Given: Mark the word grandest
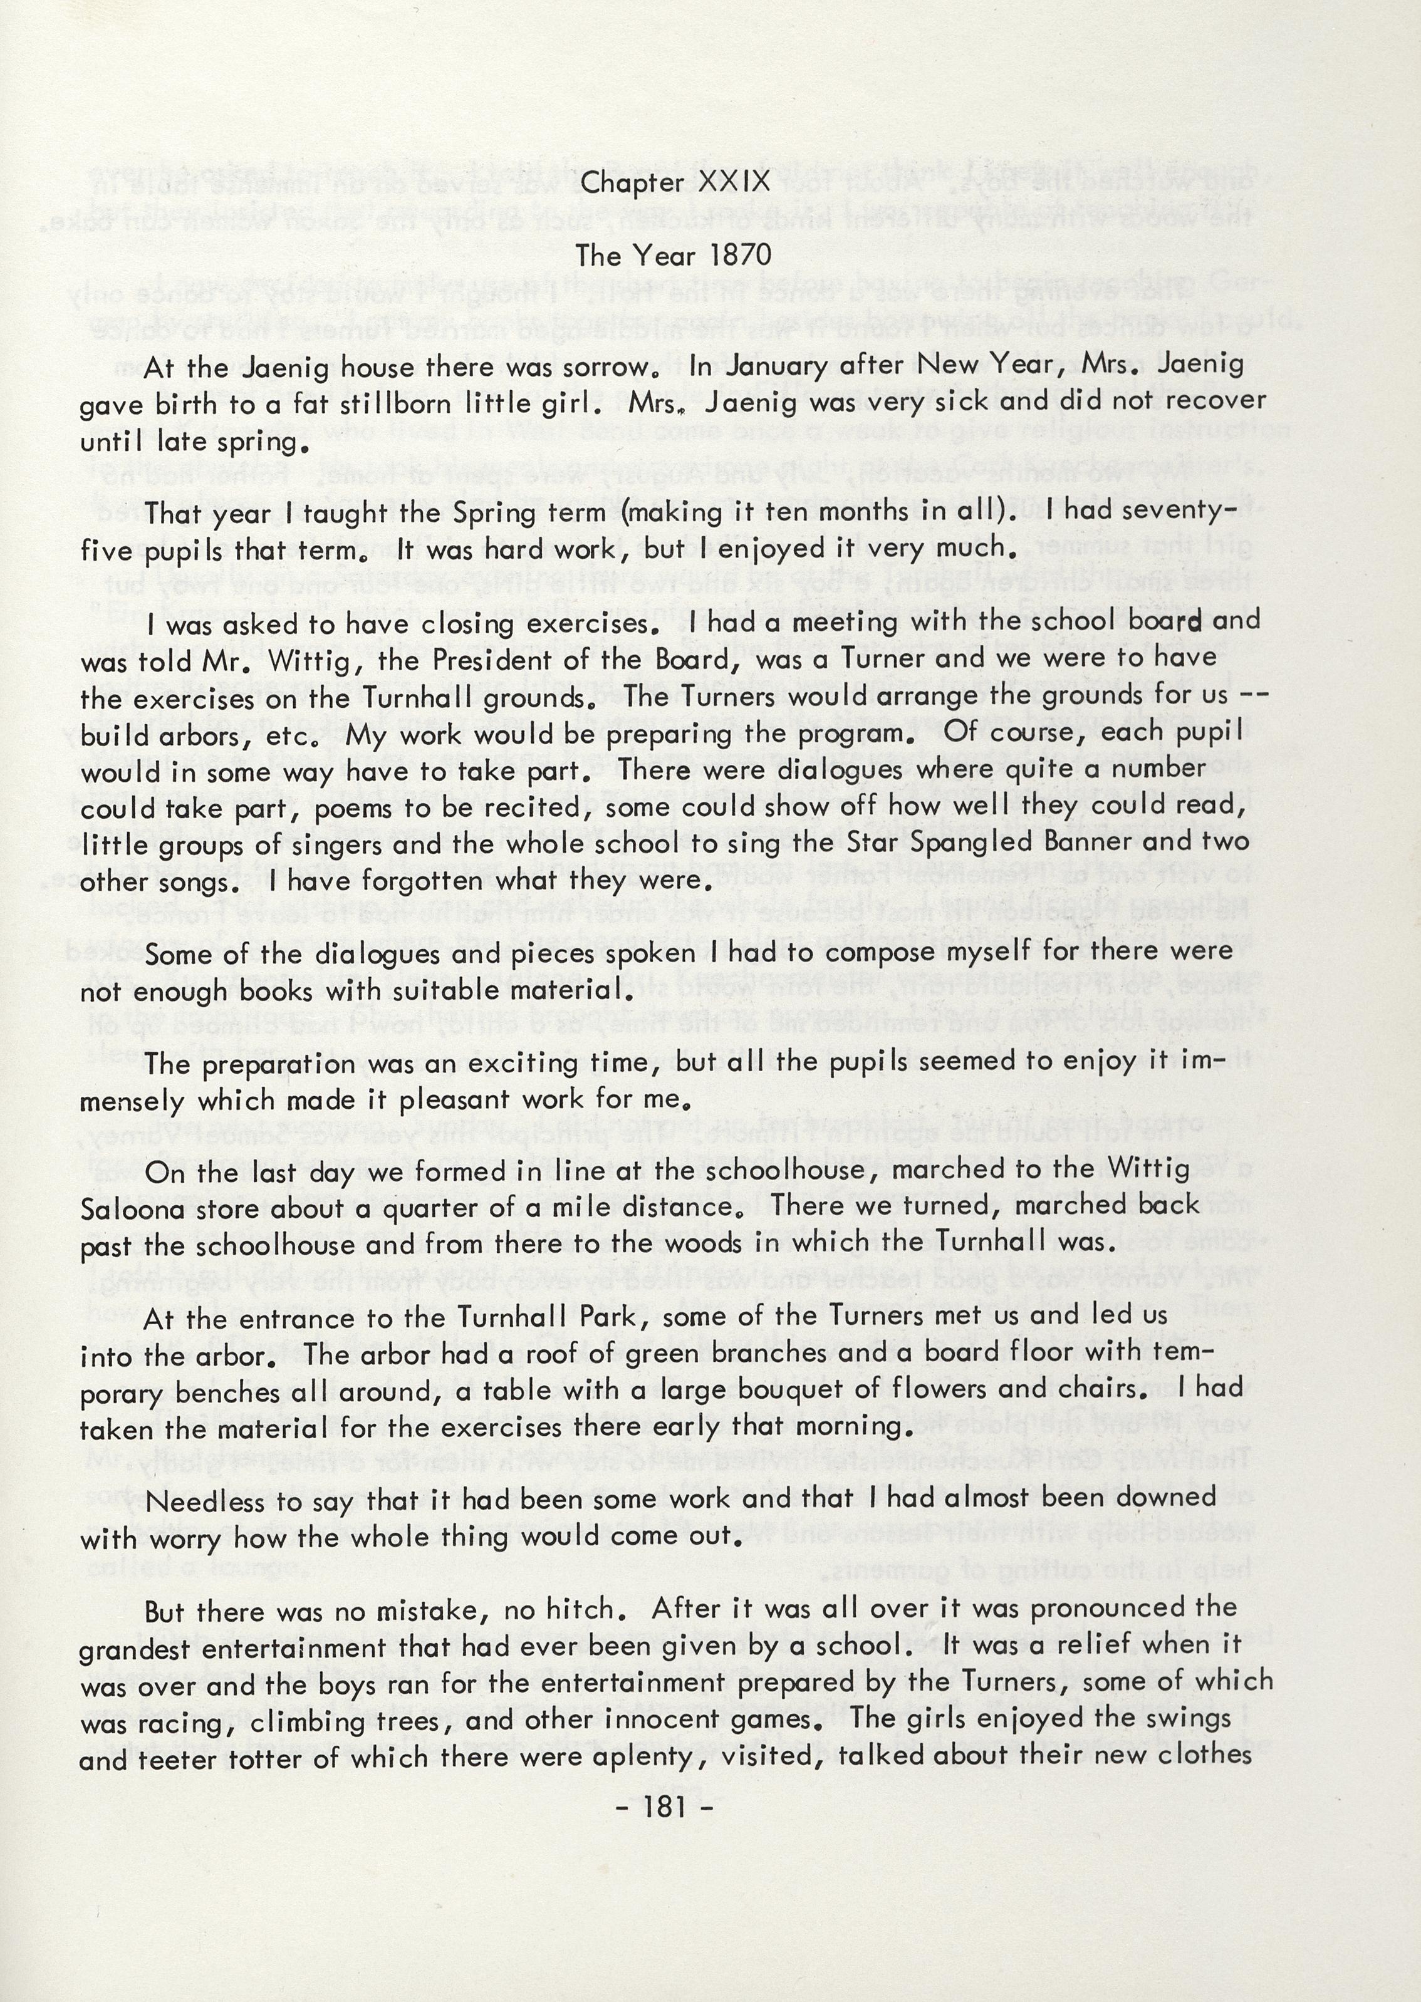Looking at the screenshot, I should click(x=133, y=1649).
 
